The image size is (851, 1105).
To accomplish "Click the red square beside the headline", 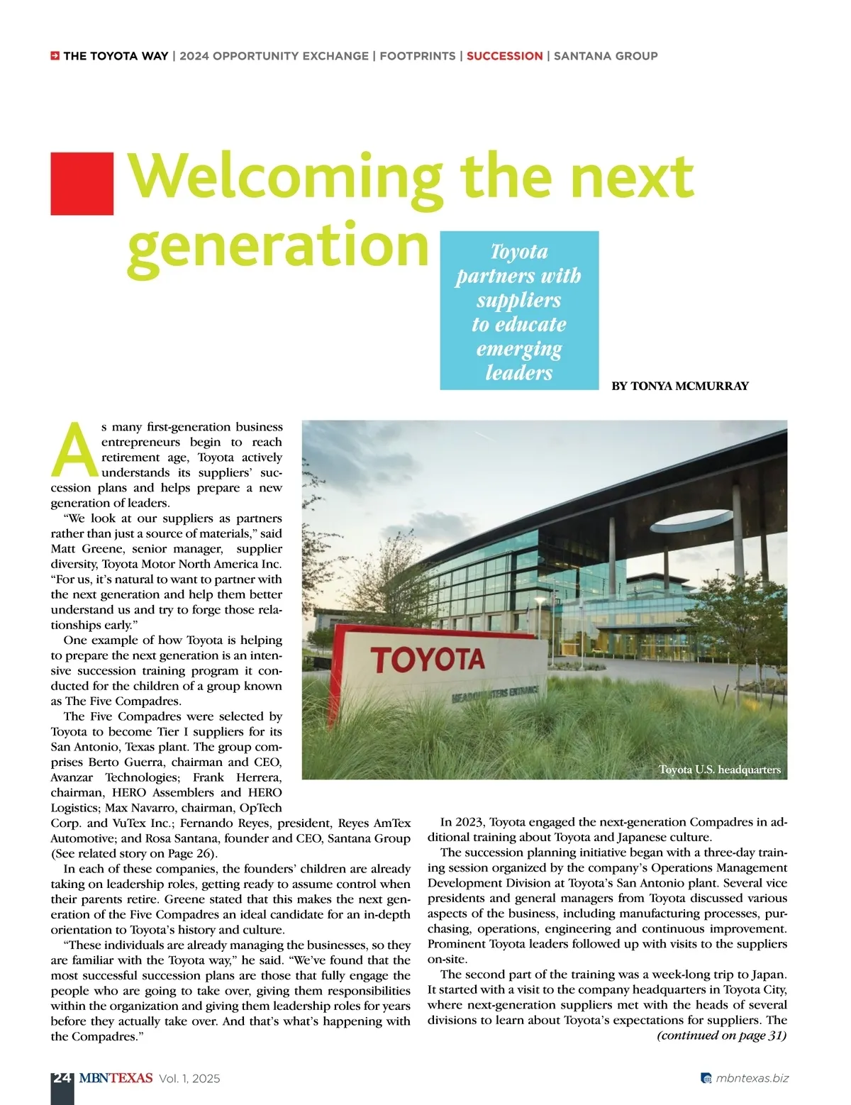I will (x=82, y=183).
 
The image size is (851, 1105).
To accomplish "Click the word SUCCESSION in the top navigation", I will (x=504, y=56).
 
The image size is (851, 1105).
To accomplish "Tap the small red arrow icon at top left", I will (x=55, y=56).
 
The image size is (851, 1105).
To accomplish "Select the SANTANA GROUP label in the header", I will (x=606, y=56).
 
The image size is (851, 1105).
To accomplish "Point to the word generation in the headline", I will (x=278, y=245).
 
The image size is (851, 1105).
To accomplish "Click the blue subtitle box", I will (x=519, y=311).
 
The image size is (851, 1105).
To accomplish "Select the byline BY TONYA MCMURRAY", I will (x=679, y=387).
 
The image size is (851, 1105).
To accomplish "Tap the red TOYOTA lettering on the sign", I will (x=428, y=660).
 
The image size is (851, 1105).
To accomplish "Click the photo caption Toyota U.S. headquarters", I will (x=719, y=770).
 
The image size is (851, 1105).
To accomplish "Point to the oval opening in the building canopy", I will (x=691, y=522).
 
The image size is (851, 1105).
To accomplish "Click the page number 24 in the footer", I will (x=62, y=1078).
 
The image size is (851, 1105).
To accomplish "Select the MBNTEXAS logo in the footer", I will (x=116, y=1078).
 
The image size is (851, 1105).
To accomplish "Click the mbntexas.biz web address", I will (x=752, y=1079).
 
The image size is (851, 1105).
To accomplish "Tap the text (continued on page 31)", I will (x=721, y=1035).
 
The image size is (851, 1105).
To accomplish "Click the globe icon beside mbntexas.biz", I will (x=706, y=1079).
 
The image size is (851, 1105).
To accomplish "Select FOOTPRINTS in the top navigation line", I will (x=418, y=56).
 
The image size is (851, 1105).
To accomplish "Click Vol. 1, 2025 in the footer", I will (x=189, y=1079).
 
